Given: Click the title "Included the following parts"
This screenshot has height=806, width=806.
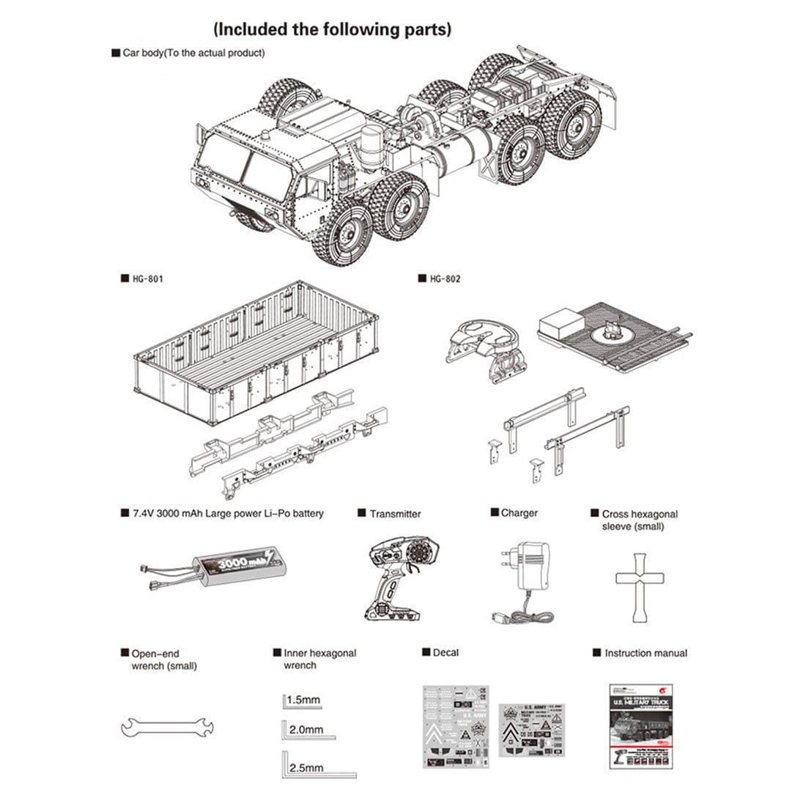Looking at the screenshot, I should [332, 29].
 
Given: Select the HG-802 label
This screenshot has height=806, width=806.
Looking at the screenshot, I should [445, 278].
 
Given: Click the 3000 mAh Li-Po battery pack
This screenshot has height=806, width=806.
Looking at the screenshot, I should [234, 565].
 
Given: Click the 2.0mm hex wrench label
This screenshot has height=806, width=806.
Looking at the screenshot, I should [306, 730].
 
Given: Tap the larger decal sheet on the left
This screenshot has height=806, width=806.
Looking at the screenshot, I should [456, 726].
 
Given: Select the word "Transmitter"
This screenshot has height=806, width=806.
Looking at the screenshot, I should [395, 514].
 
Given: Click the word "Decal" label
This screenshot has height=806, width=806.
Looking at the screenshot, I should [445, 652].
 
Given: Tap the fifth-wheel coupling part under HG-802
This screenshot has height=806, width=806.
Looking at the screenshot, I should [487, 347].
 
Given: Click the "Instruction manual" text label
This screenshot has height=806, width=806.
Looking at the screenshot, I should [646, 653].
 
